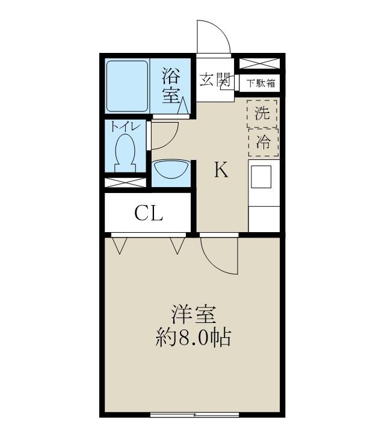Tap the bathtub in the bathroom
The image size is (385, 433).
(x=128, y=86)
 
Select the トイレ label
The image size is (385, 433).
(x=126, y=127)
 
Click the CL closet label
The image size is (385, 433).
(x=149, y=213)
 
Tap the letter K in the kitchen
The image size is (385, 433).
(x=221, y=170)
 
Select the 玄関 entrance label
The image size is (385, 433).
(x=215, y=80)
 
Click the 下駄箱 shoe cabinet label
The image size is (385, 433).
(x=261, y=83)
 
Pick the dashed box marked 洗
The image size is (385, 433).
(x=262, y=114)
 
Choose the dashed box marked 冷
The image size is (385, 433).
(x=263, y=143)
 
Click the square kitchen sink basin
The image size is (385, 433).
(x=261, y=177)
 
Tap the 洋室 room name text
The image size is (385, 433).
(x=193, y=315)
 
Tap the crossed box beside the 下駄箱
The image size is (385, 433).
(x=259, y=63)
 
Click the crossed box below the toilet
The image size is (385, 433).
(x=125, y=183)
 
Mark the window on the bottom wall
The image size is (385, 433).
(x=194, y=415)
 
